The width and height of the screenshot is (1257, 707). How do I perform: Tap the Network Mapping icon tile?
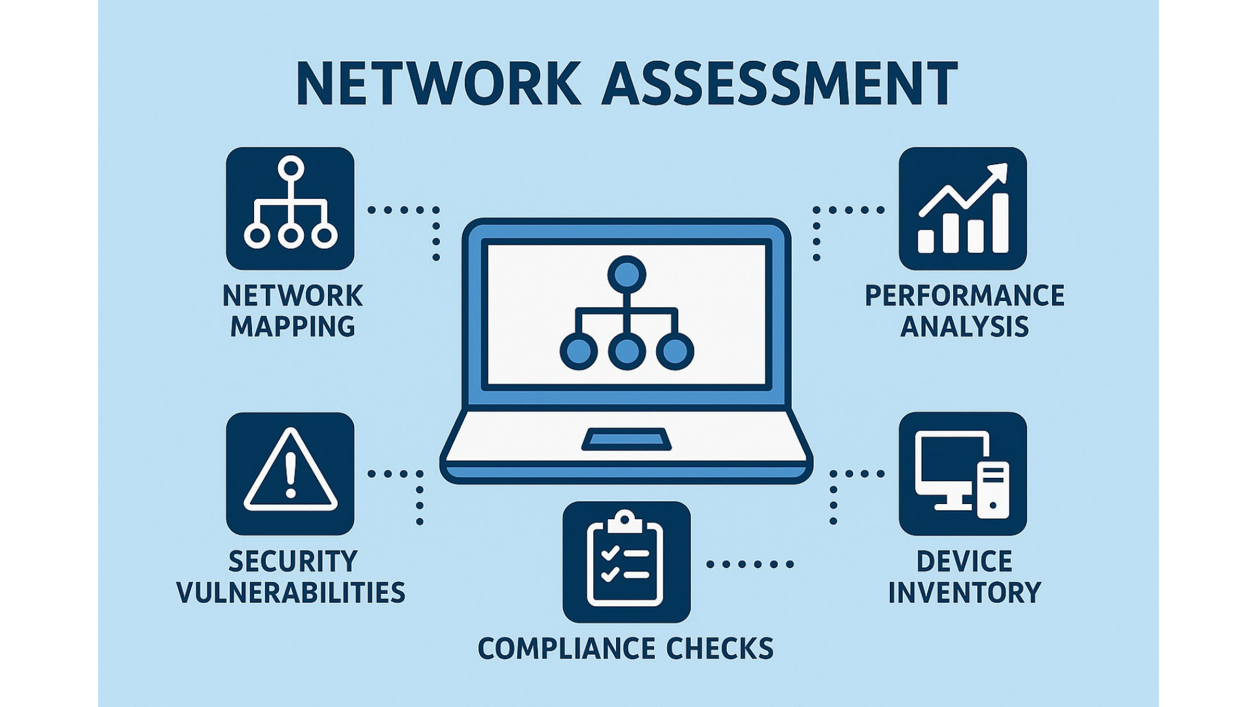(290, 208)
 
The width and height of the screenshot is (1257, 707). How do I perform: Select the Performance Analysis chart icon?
(962, 208)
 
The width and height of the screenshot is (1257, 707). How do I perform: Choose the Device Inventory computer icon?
(962, 474)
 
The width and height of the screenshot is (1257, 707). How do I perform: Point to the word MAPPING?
(293, 326)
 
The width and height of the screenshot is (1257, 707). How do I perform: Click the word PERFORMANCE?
(964, 296)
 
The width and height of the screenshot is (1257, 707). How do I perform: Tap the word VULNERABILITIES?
(291, 592)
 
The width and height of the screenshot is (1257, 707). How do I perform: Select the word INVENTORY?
(964, 592)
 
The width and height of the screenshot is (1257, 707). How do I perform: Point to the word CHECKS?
(720, 649)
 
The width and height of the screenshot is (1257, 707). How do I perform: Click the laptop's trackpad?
(627, 439)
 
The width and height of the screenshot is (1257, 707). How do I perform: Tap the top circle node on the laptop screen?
(627, 274)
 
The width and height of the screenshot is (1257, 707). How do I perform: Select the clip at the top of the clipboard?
(626, 522)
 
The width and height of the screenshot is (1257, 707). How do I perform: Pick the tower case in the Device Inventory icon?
(993, 490)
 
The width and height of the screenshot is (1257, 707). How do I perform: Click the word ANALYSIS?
(964, 326)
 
